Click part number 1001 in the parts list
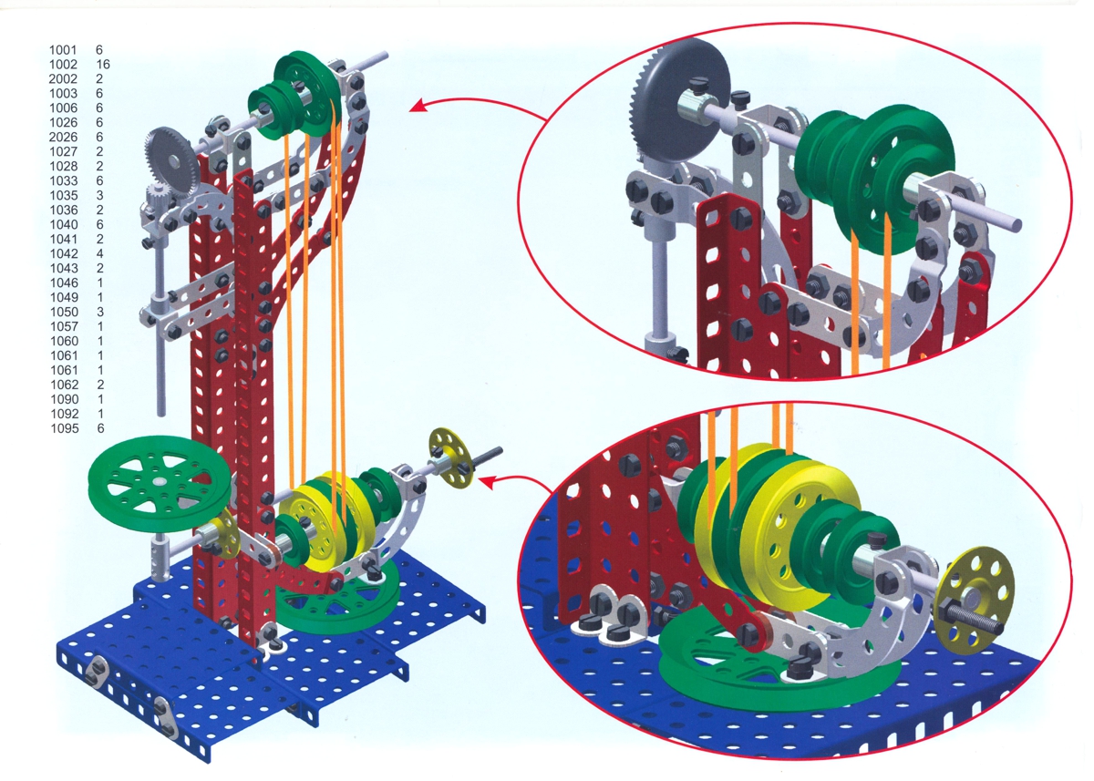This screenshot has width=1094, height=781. [x=63, y=50]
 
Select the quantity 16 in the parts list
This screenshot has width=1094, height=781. [x=103, y=65]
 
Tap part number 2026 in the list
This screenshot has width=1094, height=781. [x=63, y=138]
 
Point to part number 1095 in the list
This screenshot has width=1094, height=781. [x=65, y=428]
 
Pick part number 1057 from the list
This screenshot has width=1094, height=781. [x=65, y=326]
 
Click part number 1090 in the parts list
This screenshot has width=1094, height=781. [x=65, y=399]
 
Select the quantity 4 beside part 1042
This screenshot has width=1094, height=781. [x=100, y=254]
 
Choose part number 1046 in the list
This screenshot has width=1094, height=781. [x=65, y=283]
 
